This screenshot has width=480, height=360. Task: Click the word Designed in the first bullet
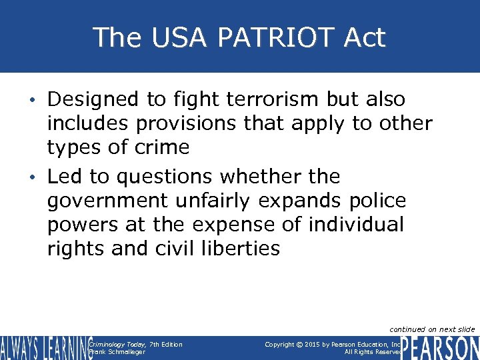[94, 99]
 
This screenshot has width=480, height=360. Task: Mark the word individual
[357, 225]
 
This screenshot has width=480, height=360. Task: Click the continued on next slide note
[432, 329]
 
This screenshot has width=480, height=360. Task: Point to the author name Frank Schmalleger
[117, 352]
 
